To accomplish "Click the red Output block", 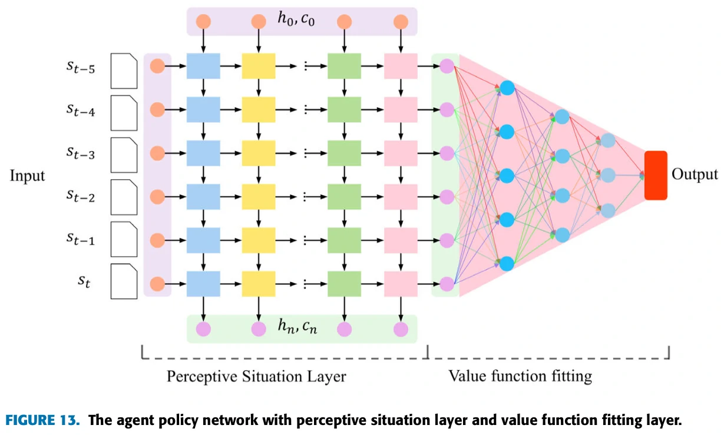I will (656, 175).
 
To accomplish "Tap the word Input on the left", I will (27, 175).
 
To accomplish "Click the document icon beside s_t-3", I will (124, 153).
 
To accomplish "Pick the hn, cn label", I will (297, 327).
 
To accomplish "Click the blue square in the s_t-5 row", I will (203, 66).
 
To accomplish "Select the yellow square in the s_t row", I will (259, 284).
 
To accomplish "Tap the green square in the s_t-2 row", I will (344, 197).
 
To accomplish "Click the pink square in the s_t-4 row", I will (401, 109).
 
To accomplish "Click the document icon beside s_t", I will (124, 281).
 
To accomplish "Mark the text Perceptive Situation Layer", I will (256, 376).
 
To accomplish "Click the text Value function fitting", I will (520, 376).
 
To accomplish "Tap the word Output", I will (695, 175).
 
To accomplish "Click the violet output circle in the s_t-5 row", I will (447, 66).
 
